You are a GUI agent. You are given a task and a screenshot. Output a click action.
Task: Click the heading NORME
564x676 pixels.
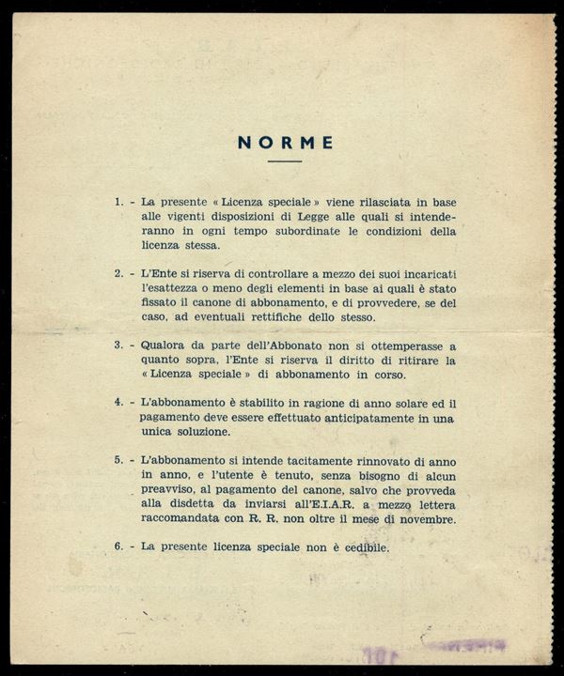(285, 143)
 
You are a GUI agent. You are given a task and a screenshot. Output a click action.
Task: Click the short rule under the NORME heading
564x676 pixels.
(285, 161)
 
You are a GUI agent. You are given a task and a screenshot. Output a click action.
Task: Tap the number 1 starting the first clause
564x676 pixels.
(117, 201)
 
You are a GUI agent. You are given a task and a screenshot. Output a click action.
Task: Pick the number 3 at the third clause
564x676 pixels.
(117, 346)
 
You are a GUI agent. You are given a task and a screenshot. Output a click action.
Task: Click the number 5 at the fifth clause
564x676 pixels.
(117, 463)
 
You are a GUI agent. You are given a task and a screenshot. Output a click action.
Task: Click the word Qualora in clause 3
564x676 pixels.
(161, 346)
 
